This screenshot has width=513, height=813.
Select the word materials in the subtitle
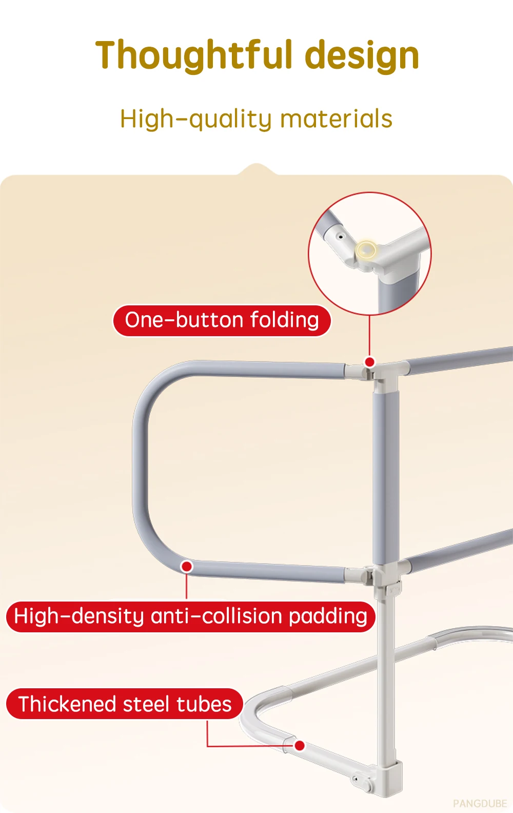(x=336, y=119)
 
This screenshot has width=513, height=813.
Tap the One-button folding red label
(x=222, y=320)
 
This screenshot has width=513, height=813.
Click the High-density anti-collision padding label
(x=190, y=616)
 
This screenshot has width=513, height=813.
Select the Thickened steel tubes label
(x=125, y=704)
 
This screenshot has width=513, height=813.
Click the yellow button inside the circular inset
(x=366, y=250)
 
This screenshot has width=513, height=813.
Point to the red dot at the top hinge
(x=369, y=362)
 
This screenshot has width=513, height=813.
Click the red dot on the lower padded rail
(x=187, y=566)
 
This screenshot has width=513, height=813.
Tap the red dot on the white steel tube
(x=300, y=745)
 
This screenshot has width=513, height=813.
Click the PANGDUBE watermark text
(x=480, y=803)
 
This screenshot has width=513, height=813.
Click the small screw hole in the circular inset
(x=340, y=237)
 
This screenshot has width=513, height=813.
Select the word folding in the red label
(x=284, y=320)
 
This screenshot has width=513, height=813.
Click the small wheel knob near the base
(x=366, y=785)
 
